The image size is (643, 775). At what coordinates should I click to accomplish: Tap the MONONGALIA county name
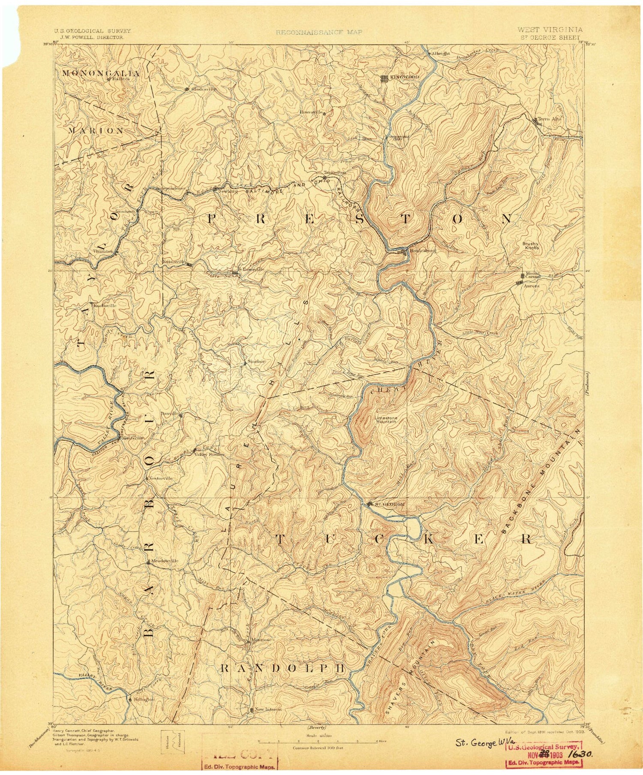[101, 73]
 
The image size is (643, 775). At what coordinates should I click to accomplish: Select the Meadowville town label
[164, 561]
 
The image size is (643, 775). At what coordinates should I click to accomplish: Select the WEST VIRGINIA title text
[550, 30]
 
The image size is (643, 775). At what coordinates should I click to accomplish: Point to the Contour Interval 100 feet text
[314, 748]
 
